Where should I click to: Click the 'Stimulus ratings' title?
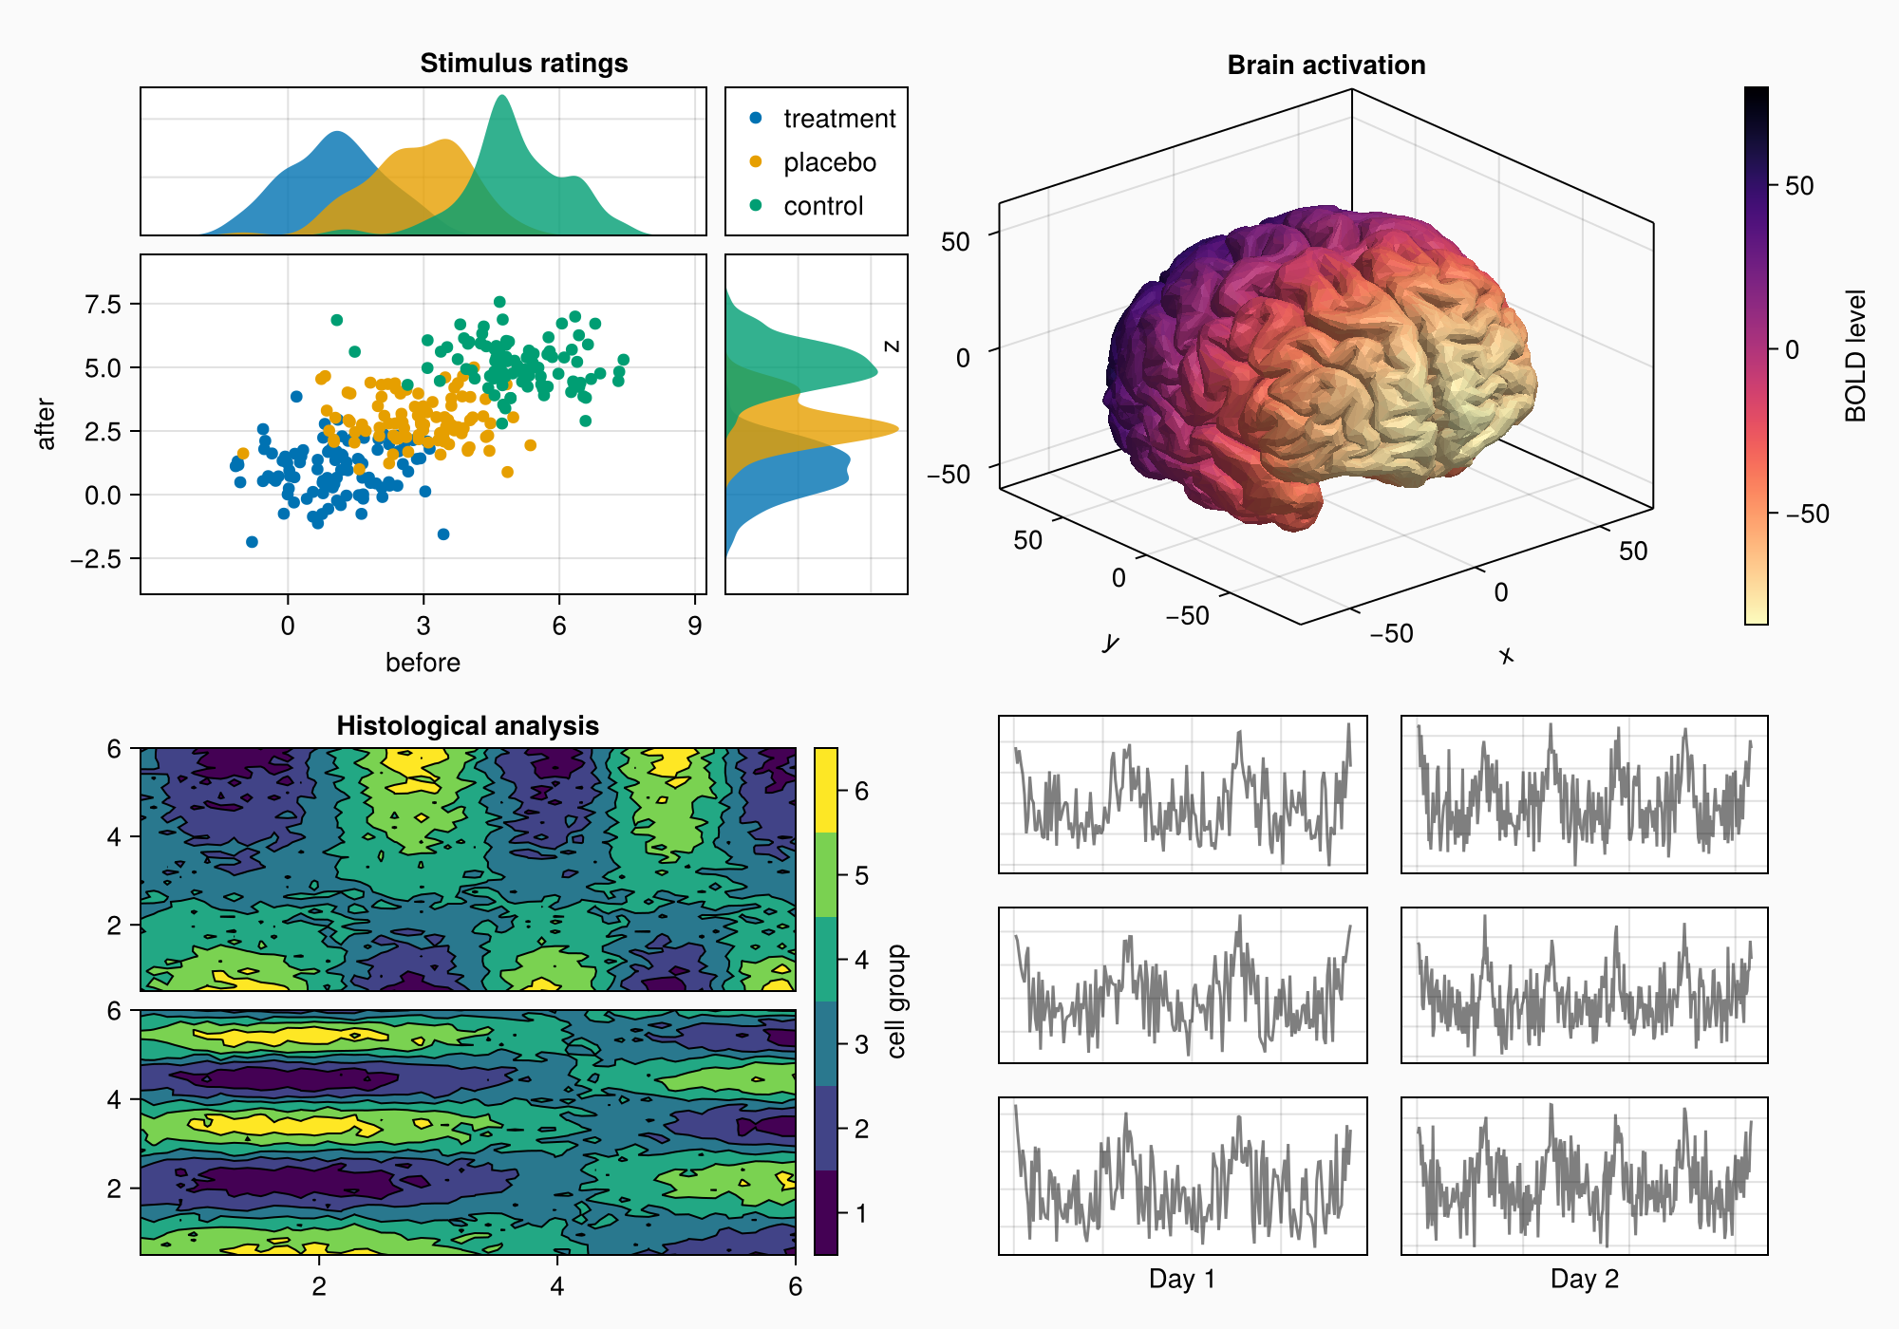pos(523,64)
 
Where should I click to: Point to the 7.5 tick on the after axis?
pos(103,304)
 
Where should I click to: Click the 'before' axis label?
pos(423,663)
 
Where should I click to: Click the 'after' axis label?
pos(46,423)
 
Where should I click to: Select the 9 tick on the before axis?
pos(695,626)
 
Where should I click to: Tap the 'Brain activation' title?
pos(1326,66)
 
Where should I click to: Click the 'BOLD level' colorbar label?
pos(1855,356)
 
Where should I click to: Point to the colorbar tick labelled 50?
pos(1798,186)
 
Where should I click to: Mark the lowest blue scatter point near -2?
pos(252,542)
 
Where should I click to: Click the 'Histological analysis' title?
pos(467,726)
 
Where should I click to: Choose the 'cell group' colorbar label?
pos(896,1001)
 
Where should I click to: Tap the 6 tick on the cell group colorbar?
pos(861,791)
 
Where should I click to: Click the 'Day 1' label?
pos(1181,1279)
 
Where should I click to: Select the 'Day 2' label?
pos(1584,1279)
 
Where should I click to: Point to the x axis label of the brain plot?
pos(1506,655)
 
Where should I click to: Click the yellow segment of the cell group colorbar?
pos(826,790)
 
